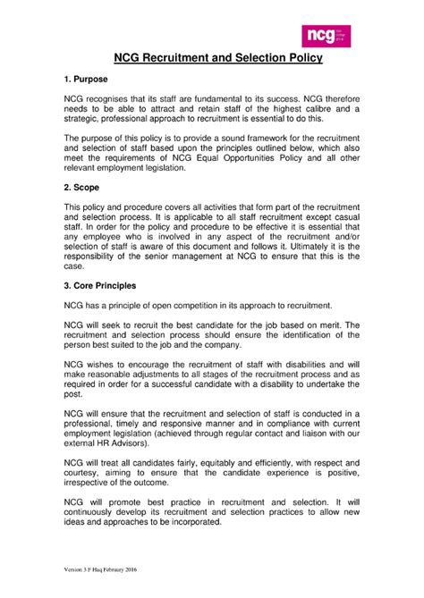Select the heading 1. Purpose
89,80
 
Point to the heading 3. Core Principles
100,285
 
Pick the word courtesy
85,473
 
